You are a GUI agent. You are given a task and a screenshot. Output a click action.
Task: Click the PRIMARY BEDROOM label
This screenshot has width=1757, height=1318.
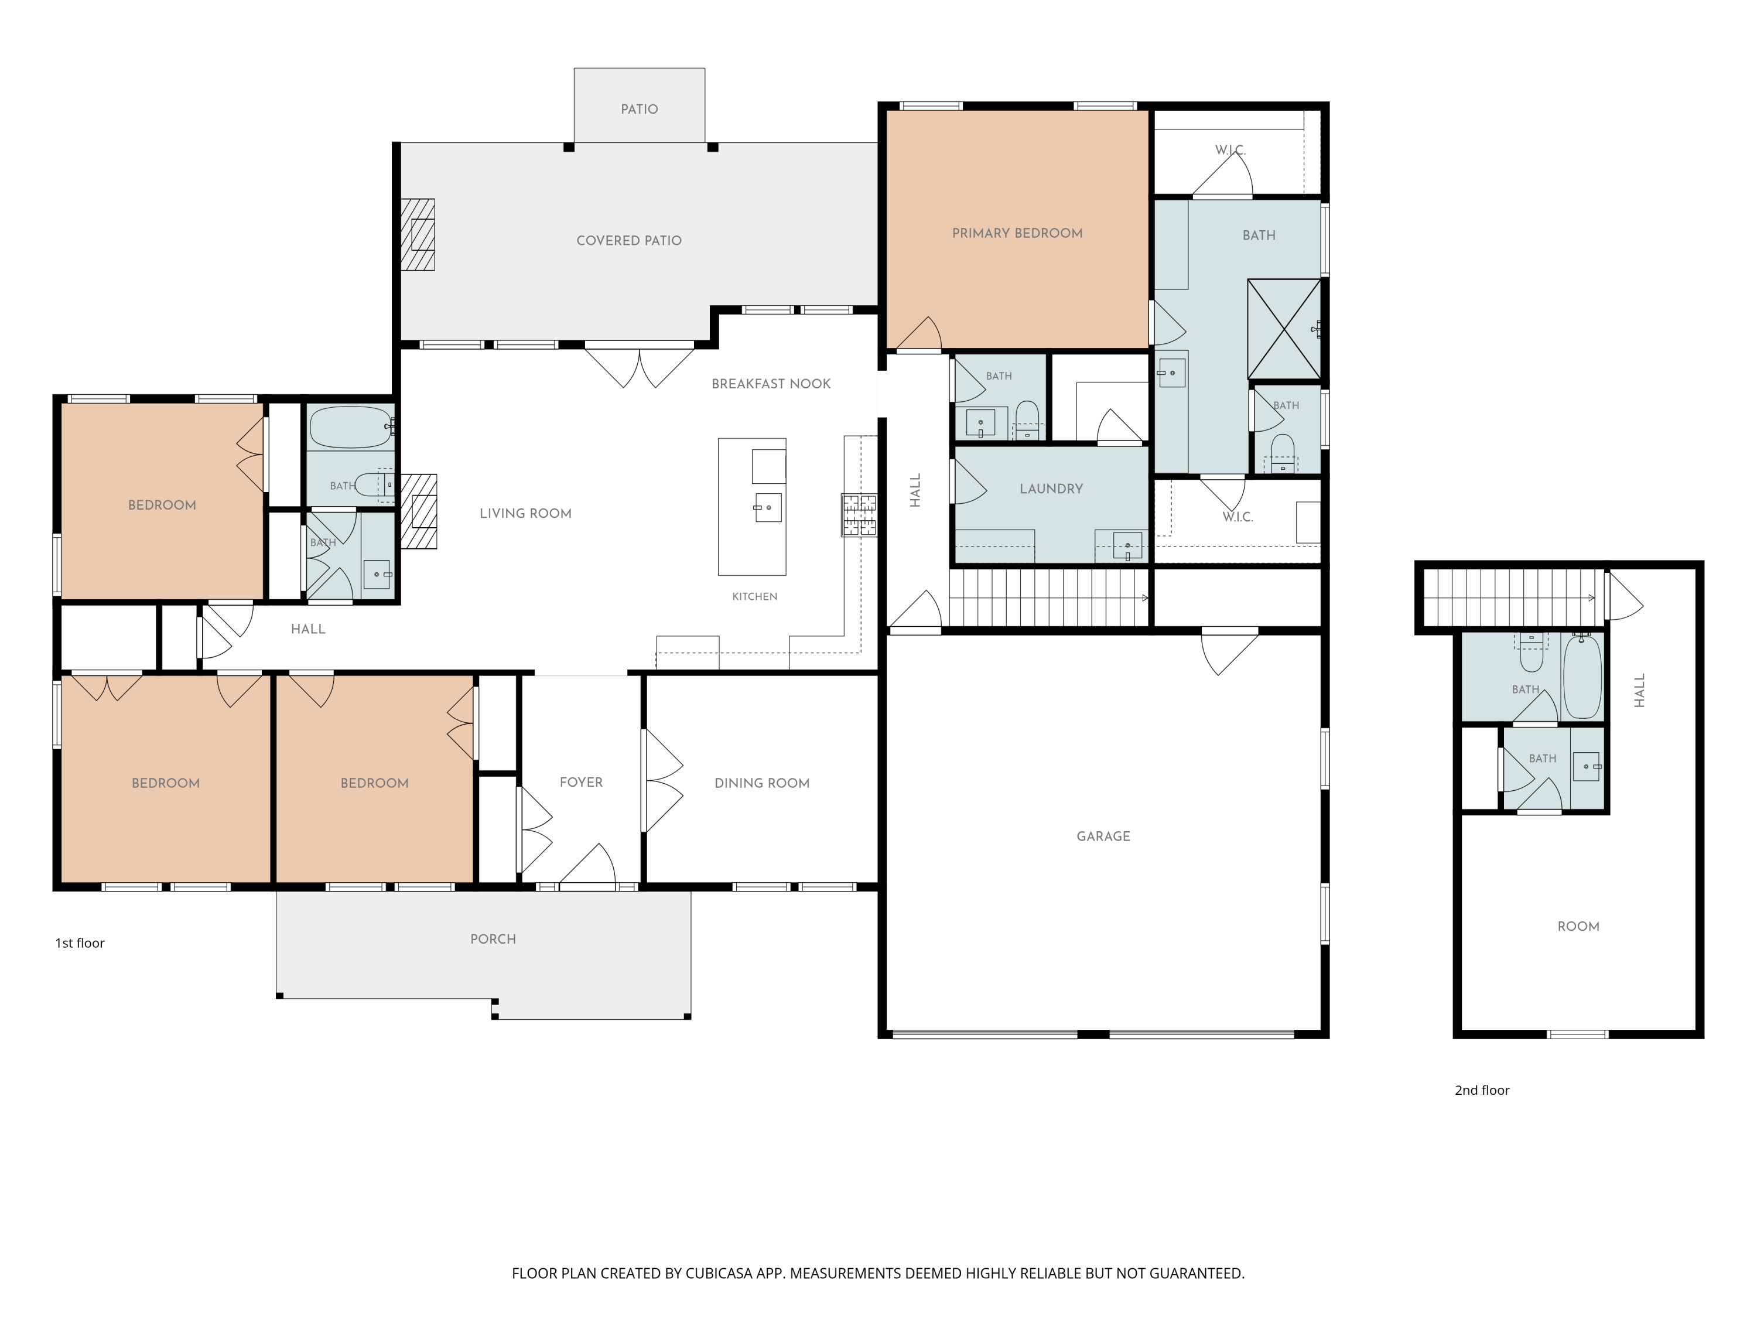[1017, 233]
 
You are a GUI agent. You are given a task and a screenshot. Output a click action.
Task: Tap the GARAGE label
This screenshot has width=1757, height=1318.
[1103, 836]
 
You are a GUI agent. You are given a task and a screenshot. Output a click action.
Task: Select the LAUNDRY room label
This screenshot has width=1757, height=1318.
[1051, 489]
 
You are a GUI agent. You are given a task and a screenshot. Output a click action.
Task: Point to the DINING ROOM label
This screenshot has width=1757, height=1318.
[762, 783]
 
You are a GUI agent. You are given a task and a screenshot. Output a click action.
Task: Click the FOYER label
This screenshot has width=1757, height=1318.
[580, 782]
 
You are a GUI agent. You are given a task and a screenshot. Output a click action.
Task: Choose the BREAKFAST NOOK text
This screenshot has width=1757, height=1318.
[771, 384]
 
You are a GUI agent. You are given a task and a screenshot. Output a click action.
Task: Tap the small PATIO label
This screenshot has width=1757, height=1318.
[640, 109]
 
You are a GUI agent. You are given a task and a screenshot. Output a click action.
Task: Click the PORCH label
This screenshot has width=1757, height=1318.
[493, 938]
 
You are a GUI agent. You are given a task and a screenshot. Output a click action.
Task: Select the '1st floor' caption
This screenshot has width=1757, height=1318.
[80, 943]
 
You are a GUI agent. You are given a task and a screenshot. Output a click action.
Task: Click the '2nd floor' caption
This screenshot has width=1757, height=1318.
[1481, 1090]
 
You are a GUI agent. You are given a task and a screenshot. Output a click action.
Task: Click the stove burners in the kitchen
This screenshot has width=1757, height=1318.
[859, 515]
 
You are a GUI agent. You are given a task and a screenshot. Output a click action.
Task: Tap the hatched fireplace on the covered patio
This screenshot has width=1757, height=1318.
[418, 234]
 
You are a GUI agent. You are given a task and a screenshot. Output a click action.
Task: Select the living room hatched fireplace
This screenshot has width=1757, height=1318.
[419, 511]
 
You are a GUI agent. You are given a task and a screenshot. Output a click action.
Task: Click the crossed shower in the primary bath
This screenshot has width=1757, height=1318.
[1284, 328]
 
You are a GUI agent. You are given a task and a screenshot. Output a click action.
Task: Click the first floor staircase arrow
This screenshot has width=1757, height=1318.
[1146, 597]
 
